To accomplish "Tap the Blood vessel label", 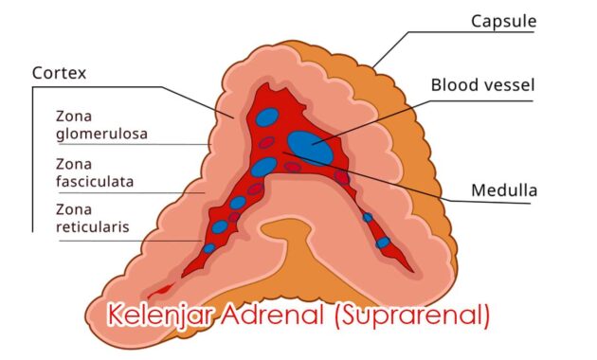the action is [x=482, y=85].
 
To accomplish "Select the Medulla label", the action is [x=504, y=190].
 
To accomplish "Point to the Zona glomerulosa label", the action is [x=101, y=125].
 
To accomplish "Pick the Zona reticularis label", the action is [x=92, y=218].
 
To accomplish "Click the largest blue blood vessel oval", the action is [x=310, y=146].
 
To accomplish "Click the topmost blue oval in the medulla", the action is [x=268, y=118].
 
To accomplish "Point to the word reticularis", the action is [x=92, y=226].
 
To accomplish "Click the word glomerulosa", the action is [x=101, y=134].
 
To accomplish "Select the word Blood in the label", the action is [x=453, y=85].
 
